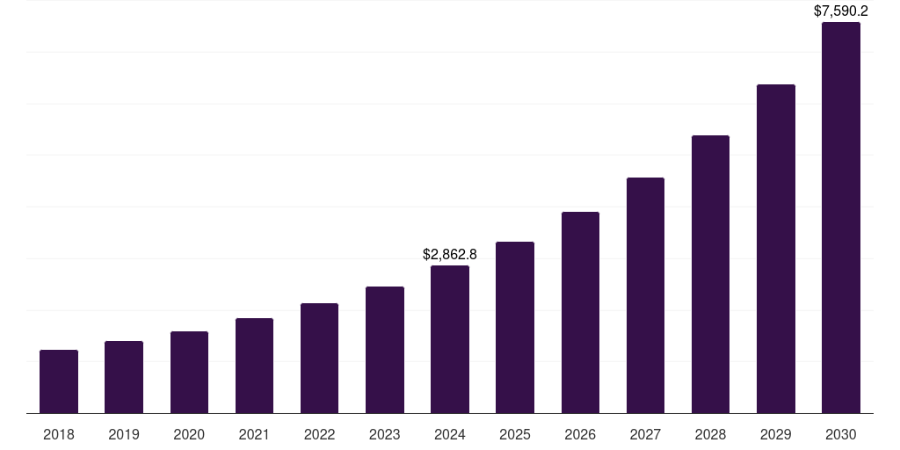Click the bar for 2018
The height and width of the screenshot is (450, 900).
click(59, 381)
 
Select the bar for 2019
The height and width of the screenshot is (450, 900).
click(124, 377)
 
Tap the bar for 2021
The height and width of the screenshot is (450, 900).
click(254, 366)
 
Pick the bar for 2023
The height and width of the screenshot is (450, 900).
click(385, 350)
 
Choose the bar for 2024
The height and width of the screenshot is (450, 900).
click(450, 339)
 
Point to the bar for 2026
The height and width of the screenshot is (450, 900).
click(580, 312)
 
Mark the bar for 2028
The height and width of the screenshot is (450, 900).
click(710, 274)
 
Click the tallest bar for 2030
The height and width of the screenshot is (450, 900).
click(841, 217)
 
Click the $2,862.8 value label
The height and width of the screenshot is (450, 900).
click(450, 254)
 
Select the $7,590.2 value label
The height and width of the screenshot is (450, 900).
click(841, 11)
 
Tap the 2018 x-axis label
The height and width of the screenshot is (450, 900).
click(59, 434)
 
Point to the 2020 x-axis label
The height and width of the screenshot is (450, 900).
click(189, 434)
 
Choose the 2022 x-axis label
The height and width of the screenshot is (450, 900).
click(319, 434)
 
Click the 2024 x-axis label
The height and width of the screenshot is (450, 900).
click(450, 434)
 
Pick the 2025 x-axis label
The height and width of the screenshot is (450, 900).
click(515, 434)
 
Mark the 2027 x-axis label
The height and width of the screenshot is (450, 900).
click(645, 434)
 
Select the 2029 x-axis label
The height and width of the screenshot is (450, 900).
click(775, 434)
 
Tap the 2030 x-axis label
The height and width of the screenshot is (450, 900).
click(841, 434)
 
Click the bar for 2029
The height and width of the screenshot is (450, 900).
click(775, 249)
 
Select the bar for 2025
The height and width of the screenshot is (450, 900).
click(515, 327)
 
